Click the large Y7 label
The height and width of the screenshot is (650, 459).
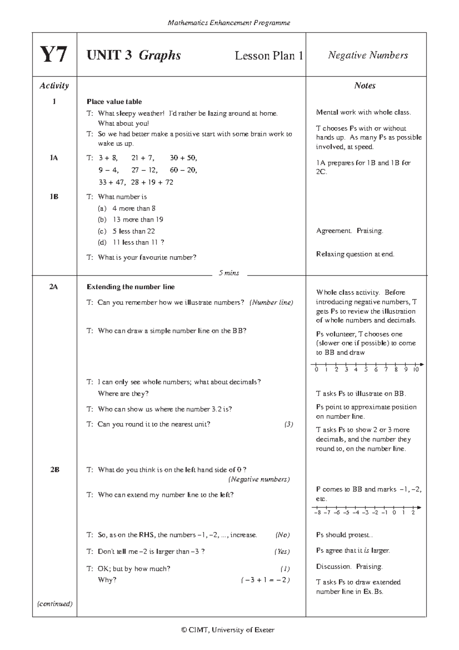54,55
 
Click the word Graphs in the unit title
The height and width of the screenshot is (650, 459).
160,56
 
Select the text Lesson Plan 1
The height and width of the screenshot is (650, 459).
269,56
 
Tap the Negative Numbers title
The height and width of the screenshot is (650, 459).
368,55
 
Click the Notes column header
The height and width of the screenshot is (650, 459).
365,86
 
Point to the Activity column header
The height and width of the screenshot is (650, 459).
54,86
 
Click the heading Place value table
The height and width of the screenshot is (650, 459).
114,102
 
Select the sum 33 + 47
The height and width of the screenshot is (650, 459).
111,182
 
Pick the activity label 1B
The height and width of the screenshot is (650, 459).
54,197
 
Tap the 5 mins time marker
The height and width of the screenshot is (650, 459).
229,273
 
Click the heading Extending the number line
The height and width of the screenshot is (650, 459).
130,287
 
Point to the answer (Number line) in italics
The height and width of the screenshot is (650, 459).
271,302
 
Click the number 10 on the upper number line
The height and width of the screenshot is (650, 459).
416,370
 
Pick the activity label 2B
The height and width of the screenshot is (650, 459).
54,470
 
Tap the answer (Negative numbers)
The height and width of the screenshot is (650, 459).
259,479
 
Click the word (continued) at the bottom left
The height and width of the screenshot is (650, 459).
54,604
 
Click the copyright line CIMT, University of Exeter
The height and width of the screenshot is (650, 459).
228,630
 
